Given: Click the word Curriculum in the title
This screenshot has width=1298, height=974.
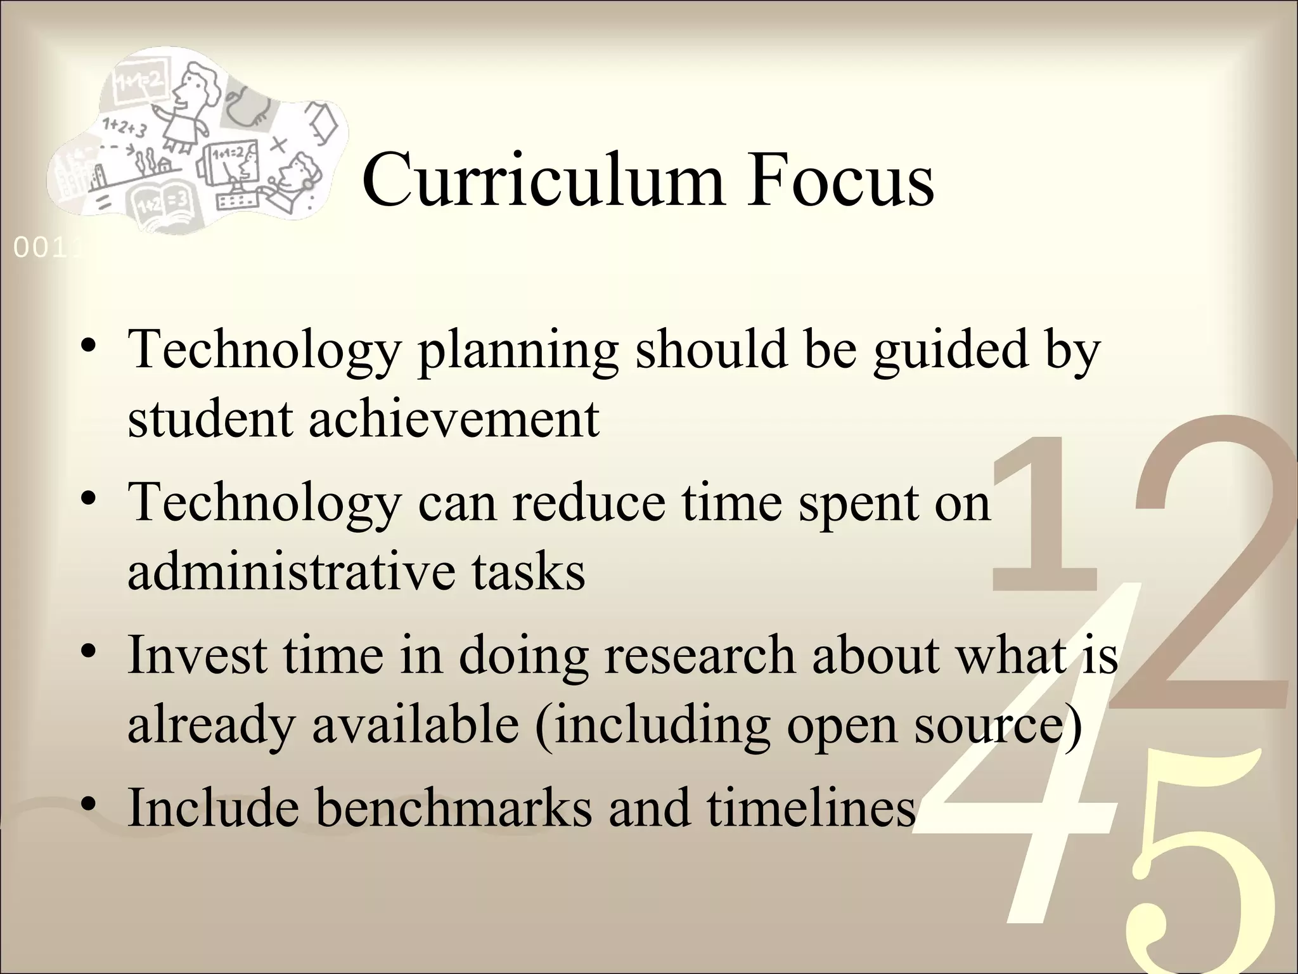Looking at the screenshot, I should click(x=543, y=179).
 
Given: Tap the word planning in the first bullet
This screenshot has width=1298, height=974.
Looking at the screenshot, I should click(x=517, y=351).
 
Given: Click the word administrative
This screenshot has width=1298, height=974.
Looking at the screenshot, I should click(x=291, y=571).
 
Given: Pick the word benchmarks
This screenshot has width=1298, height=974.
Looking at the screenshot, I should click(x=454, y=807).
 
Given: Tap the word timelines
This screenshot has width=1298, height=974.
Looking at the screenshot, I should click(x=811, y=807).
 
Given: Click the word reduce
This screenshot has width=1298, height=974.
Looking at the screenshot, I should click(x=589, y=502).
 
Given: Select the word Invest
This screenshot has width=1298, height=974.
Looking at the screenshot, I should click(x=196, y=654).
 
